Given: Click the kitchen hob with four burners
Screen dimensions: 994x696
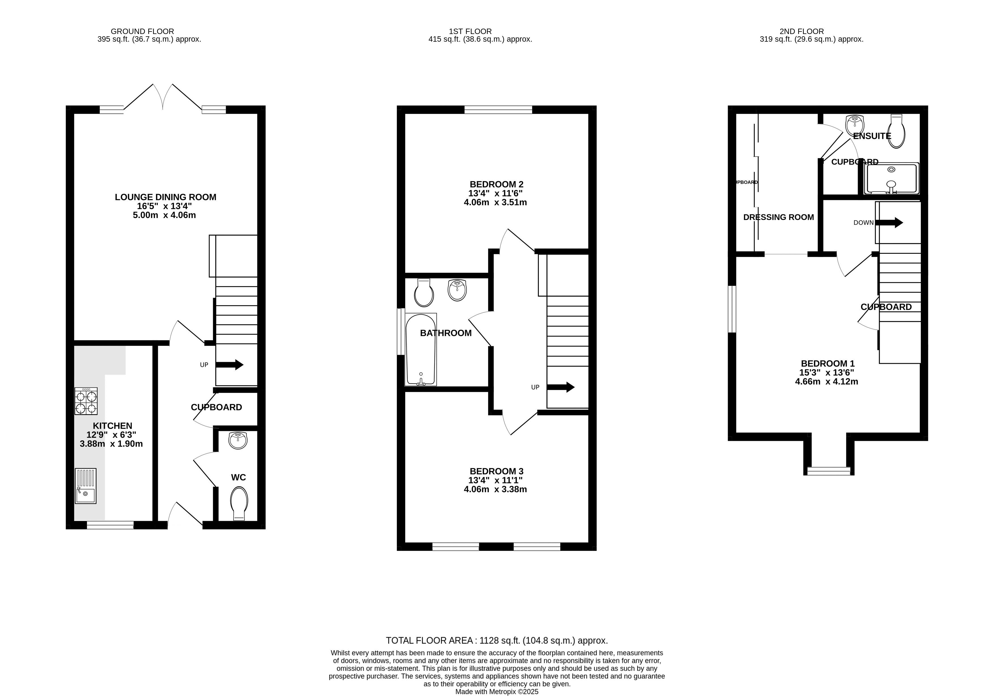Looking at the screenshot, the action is click(86, 401).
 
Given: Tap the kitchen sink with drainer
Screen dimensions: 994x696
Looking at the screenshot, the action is click(85, 486).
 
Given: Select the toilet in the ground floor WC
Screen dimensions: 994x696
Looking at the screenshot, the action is click(240, 503).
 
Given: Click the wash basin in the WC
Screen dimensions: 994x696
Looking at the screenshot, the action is click(238, 440).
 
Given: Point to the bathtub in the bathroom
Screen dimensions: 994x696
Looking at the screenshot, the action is click(421, 350).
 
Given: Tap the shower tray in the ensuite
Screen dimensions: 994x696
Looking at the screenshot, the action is click(891, 178).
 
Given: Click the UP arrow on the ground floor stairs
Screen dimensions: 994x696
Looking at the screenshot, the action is click(230, 365).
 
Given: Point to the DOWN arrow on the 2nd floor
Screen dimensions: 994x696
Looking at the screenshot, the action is click(889, 223).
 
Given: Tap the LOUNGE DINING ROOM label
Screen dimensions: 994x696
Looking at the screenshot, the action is click(165, 197).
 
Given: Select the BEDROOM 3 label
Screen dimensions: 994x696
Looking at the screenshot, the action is click(497, 471).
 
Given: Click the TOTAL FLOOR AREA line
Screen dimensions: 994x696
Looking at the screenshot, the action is click(497, 640).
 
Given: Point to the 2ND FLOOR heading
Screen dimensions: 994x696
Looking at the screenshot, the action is click(802, 31).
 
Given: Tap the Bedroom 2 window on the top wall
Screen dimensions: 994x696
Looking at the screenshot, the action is click(498, 110).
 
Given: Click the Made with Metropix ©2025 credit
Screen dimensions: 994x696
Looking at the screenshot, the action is click(497, 692).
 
